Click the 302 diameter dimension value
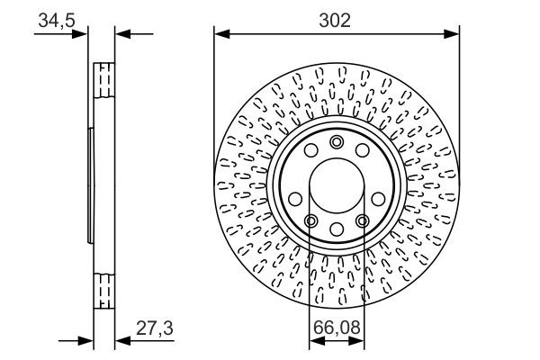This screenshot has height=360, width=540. [x=336, y=19]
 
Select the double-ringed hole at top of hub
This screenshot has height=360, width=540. [x=337, y=141]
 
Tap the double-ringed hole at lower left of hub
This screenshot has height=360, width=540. [x=310, y=221]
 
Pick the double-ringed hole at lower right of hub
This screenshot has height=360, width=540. [x=362, y=221]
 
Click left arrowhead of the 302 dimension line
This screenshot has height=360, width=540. [x=220, y=34]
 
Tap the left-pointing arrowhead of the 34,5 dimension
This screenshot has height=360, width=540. [x=121, y=34]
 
